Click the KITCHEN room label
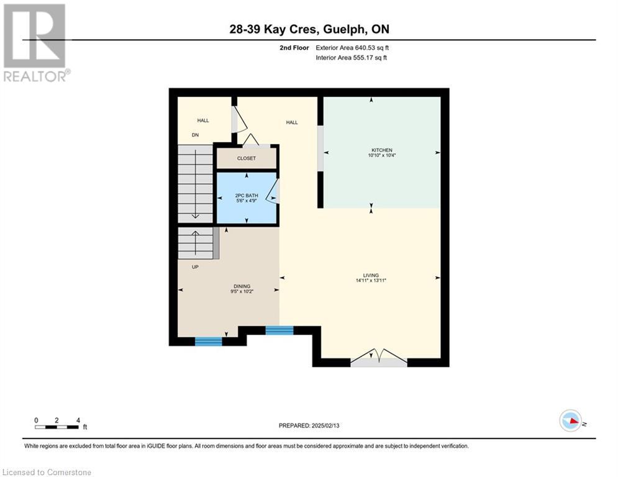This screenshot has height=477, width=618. pyautogui.click(x=381, y=150)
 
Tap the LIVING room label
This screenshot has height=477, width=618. pyautogui.click(x=371, y=275)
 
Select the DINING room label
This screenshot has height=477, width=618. pyautogui.click(x=242, y=286)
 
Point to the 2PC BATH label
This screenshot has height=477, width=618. pyautogui.click(x=247, y=196)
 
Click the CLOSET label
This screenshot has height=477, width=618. pyautogui.click(x=247, y=158)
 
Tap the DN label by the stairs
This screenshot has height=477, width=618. pyautogui.click(x=195, y=135)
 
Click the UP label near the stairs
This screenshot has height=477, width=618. pyautogui.click(x=195, y=267)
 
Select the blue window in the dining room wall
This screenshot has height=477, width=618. pyautogui.click(x=209, y=342)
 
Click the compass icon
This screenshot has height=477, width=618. pyautogui.click(x=571, y=420)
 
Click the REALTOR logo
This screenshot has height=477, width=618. pyautogui.click(x=35, y=43)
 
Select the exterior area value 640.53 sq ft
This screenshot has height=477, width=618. pyautogui.click(x=371, y=48)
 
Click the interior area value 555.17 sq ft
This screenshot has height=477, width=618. pyautogui.click(x=370, y=58)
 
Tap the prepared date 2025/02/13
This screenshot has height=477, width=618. pyautogui.click(x=325, y=425)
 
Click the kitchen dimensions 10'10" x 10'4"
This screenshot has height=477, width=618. pyautogui.click(x=381, y=155)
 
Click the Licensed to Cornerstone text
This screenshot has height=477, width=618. pyautogui.click(x=47, y=472)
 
